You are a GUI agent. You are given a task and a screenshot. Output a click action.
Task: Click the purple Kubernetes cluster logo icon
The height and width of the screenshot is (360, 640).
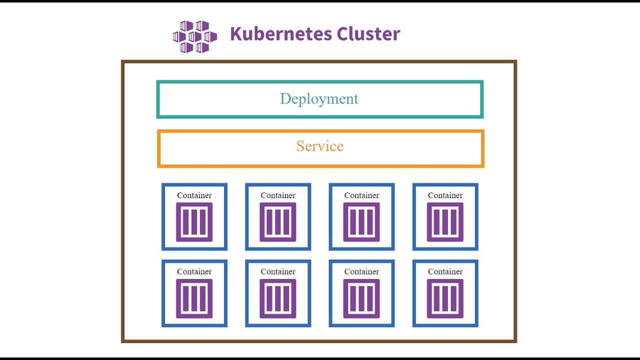tap(195, 36)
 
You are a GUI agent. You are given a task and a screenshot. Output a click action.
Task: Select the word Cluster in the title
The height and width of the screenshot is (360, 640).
tap(368, 34)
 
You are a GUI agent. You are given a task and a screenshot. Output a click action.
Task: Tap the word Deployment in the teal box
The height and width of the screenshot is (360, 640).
tap(319, 99)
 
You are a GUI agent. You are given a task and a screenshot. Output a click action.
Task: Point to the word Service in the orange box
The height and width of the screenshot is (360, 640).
tap(320, 146)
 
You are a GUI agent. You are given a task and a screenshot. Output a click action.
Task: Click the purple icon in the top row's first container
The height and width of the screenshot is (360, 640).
tap(194, 222)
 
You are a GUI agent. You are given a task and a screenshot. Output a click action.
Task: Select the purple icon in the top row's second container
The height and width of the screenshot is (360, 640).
tap(278, 222)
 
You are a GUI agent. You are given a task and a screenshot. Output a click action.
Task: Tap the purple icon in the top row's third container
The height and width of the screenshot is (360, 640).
tap(361, 222)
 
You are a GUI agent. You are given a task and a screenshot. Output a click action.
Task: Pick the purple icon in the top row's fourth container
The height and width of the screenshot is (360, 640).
tap(445, 222)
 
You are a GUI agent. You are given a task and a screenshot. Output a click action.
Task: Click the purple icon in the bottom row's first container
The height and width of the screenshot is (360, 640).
tap(194, 298)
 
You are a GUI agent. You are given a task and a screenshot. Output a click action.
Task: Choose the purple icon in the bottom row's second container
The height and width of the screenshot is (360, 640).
tap(278, 298)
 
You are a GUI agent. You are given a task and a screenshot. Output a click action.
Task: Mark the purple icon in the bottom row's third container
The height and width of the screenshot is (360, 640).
tap(361, 298)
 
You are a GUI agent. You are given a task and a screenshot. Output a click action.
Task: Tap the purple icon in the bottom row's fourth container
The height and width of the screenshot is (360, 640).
tap(445, 298)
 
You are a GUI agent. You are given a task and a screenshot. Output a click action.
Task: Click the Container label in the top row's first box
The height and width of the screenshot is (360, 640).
tap(194, 195)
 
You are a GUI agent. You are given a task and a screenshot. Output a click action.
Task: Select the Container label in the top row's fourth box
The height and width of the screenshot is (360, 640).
tap(445, 195)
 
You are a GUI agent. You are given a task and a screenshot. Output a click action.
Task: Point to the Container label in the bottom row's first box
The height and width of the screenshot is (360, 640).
tap(194, 272)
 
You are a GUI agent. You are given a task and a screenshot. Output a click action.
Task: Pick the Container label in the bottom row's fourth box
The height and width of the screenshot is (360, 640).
tap(445, 272)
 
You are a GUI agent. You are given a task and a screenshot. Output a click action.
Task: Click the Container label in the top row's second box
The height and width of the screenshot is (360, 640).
tap(278, 195)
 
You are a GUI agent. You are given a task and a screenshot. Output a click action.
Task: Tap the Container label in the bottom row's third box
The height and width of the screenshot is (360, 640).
tap(361, 272)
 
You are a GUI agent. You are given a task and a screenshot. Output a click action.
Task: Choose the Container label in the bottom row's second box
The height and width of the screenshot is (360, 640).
tap(278, 272)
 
